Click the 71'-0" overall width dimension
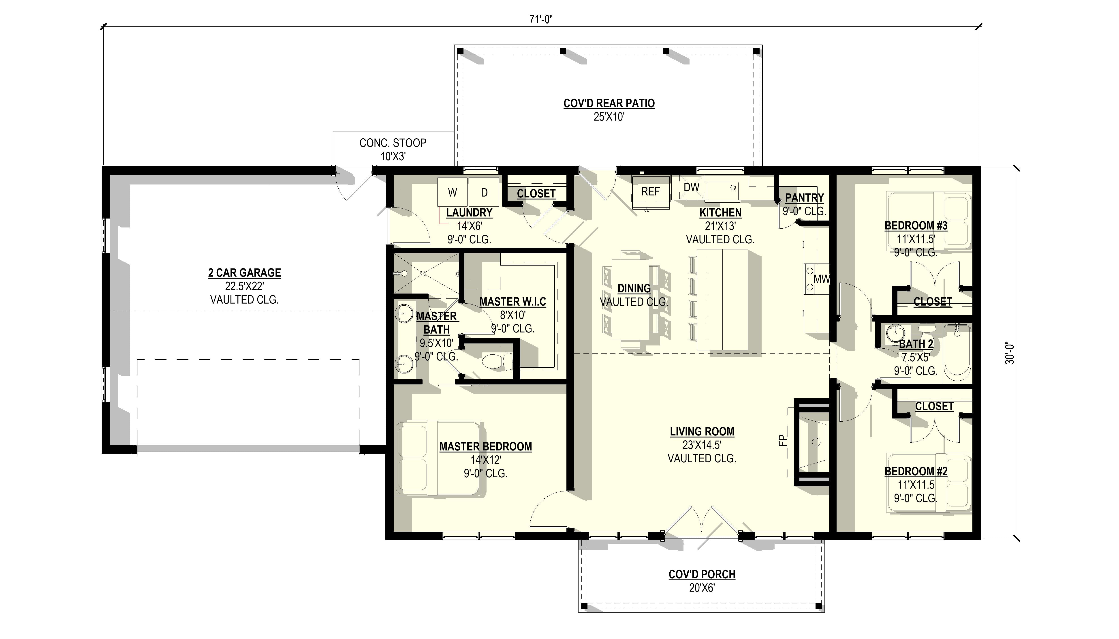pos(540,20)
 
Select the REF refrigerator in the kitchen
pos(651,192)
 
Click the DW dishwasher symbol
pos(691,187)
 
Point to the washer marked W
pos(452,192)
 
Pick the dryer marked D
pos(484,192)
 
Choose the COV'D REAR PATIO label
pos(609,104)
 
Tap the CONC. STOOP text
pos(393,143)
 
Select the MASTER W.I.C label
pos(512,302)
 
